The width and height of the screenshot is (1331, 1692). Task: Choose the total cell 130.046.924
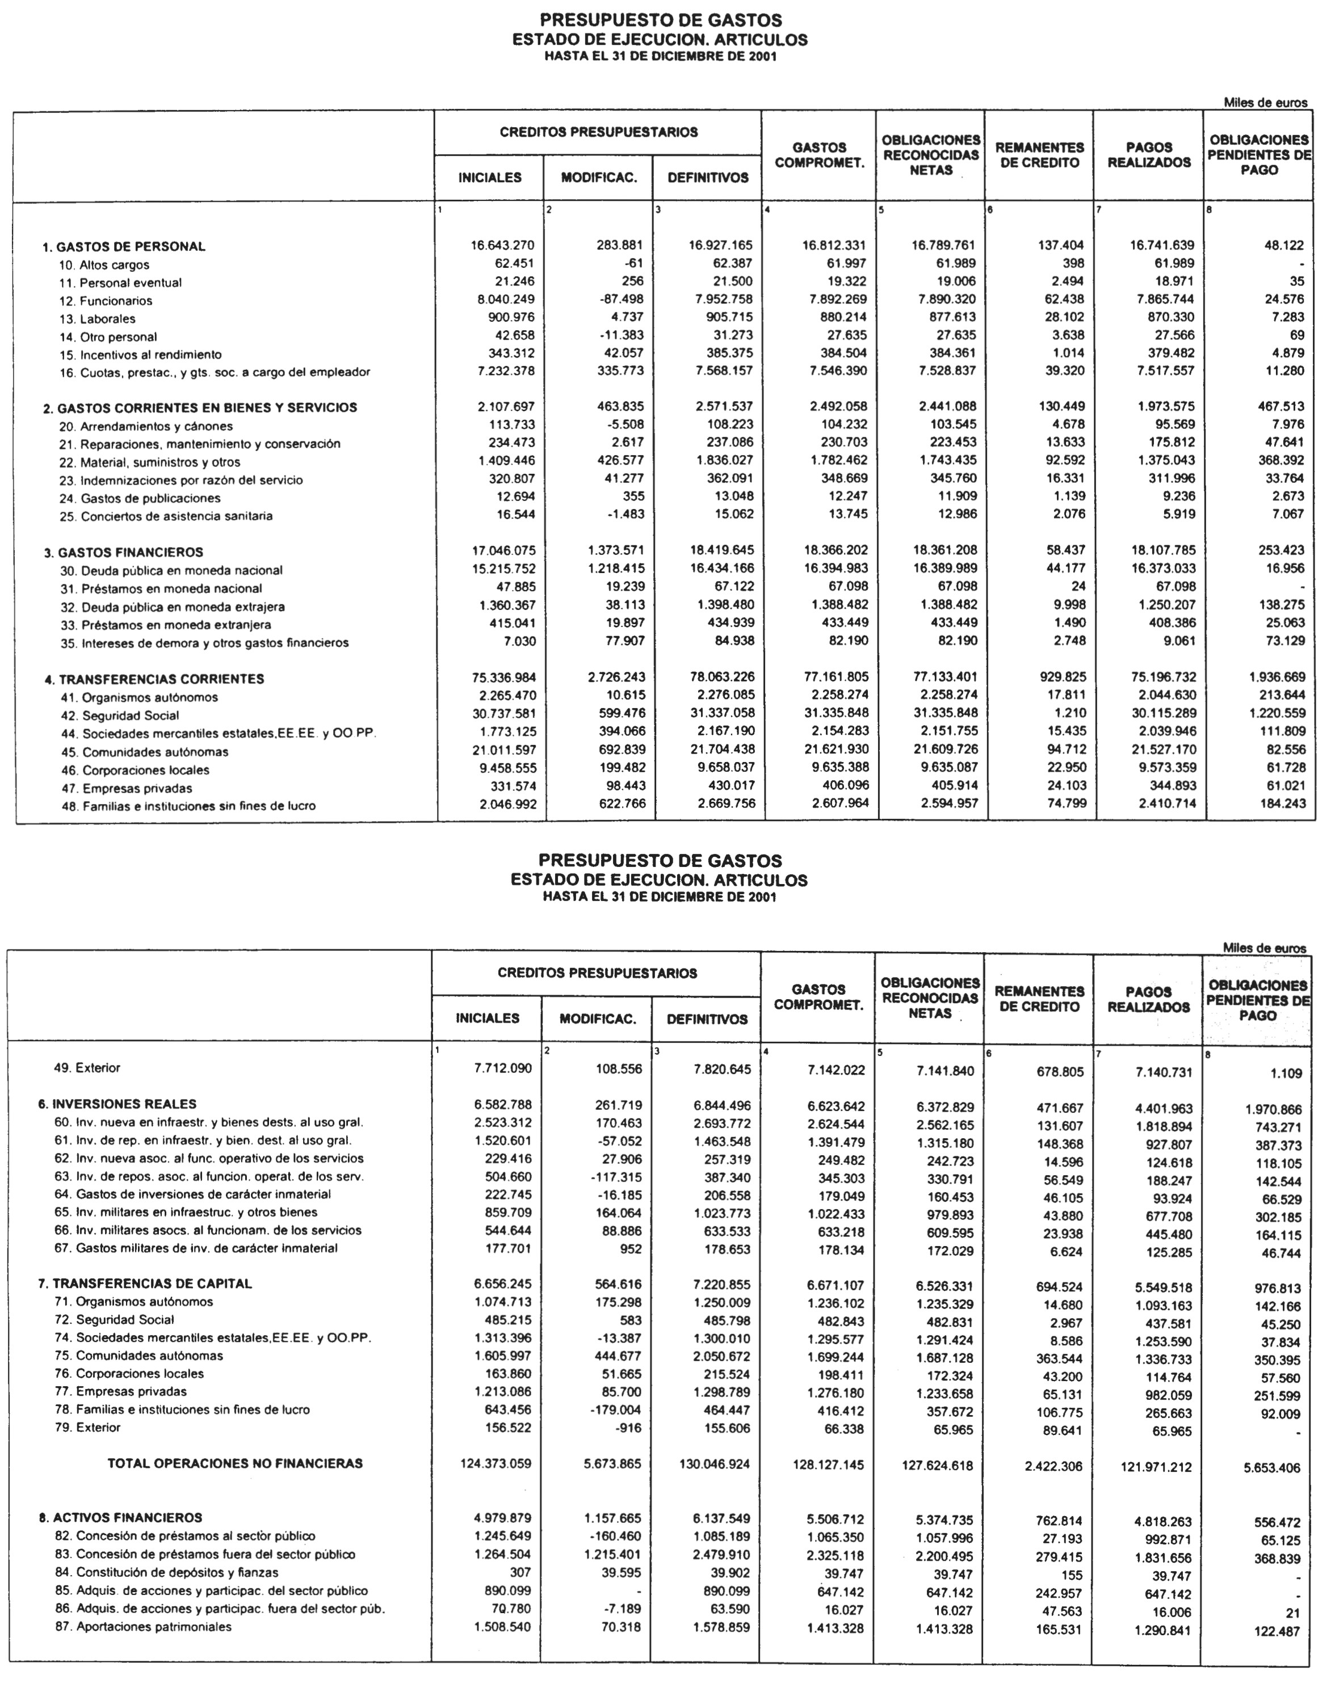coord(708,1464)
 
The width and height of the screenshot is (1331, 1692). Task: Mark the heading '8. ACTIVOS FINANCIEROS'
coord(120,1517)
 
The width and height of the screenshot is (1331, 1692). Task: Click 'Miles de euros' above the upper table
coord(1265,102)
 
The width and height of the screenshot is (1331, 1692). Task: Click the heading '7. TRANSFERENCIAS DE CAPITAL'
coord(144,1284)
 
